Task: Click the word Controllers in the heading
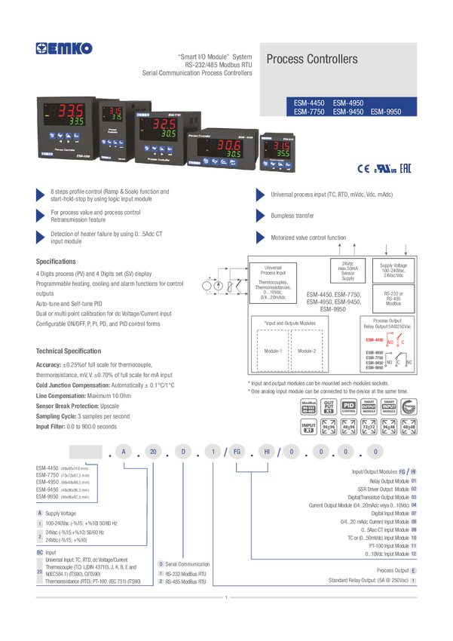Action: pyautogui.click(x=330, y=59)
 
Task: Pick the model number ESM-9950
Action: pyautogui.click(x=385, y=112)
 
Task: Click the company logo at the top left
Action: pyautogui.click(x=65, y=49)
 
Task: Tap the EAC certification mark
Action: pyautogui.click(x=404, y=167)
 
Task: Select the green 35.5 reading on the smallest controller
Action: pyautogui.click(x=281, y=152)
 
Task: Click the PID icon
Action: pyautogui.click(x=348, y=406)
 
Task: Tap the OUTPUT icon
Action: pyautogui.click(x=369, y=406)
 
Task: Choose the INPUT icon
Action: pyautogui.click(x=389, y=406)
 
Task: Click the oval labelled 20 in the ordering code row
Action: pyautogui.click(x=153, y=452)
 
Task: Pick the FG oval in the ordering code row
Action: pyautogui.click(x=237, y=452)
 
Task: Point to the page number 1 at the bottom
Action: pyautogui.click(x=226, y=597)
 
